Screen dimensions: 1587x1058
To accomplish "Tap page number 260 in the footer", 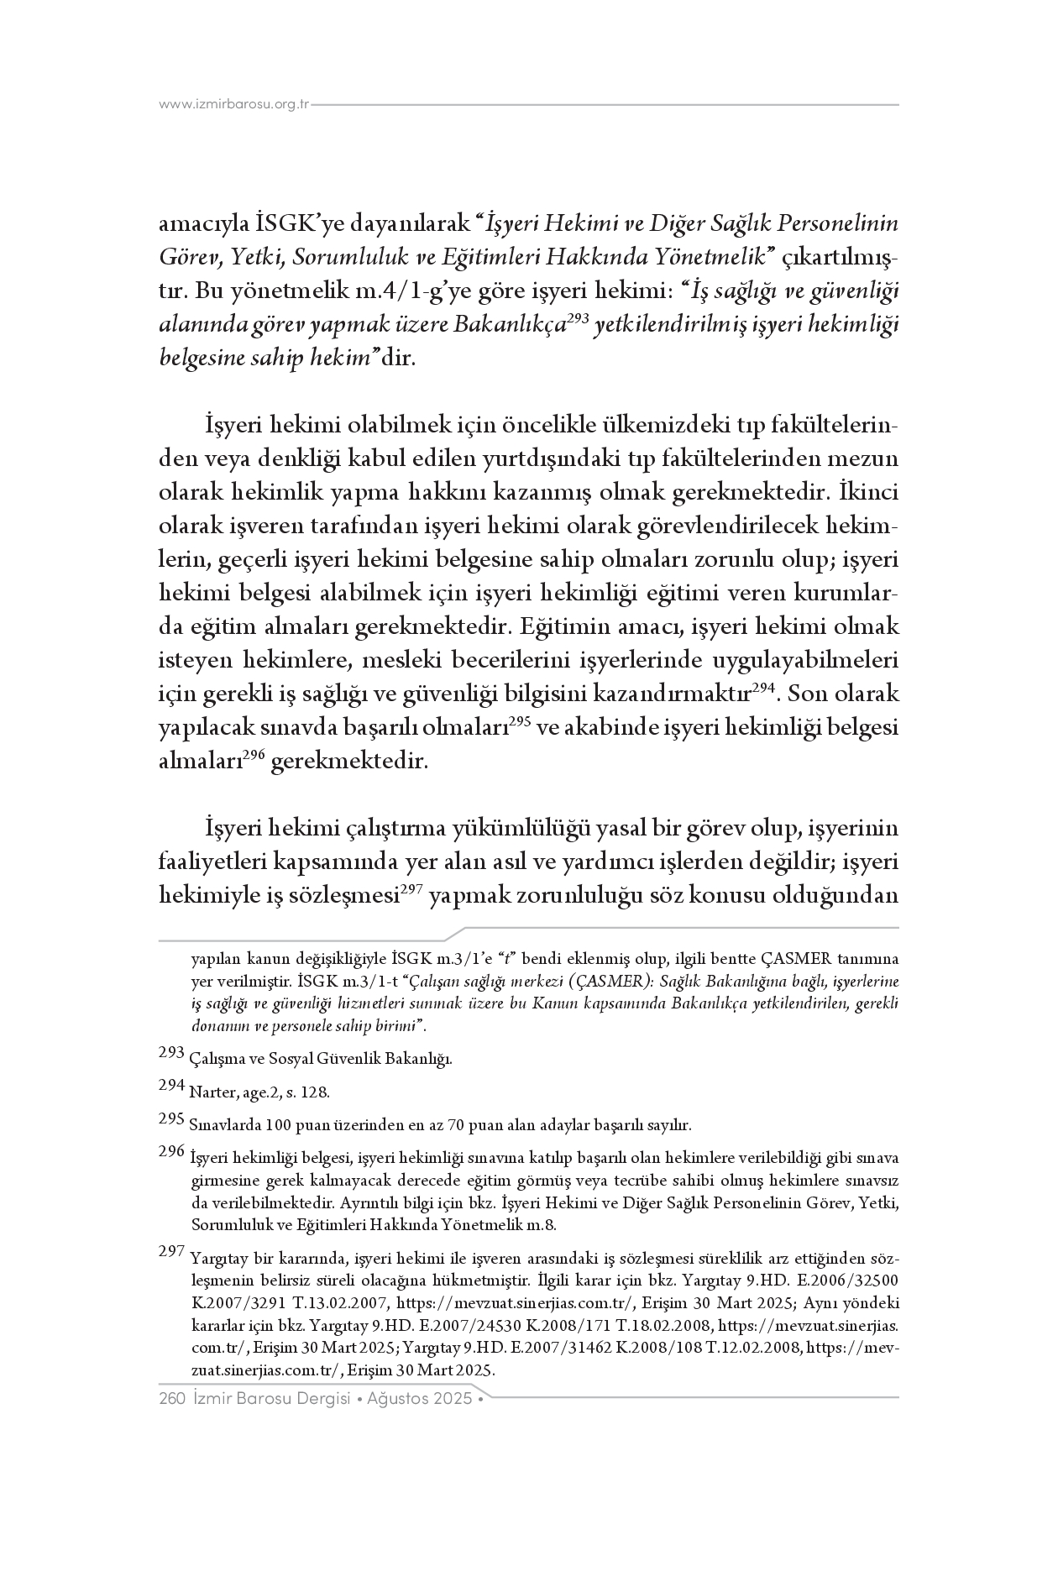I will click(171, 1400).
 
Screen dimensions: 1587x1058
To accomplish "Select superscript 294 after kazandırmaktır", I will click(762, 688).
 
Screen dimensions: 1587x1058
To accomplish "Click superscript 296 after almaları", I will click(255, 755).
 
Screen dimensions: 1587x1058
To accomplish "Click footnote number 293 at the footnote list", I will click(171, 1051).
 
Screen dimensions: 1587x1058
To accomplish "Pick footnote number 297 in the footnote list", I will click(171, 1251).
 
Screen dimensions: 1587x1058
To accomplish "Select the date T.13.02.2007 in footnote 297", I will click(345, 1304).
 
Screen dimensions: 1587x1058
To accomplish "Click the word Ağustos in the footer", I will click(401, 1400).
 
